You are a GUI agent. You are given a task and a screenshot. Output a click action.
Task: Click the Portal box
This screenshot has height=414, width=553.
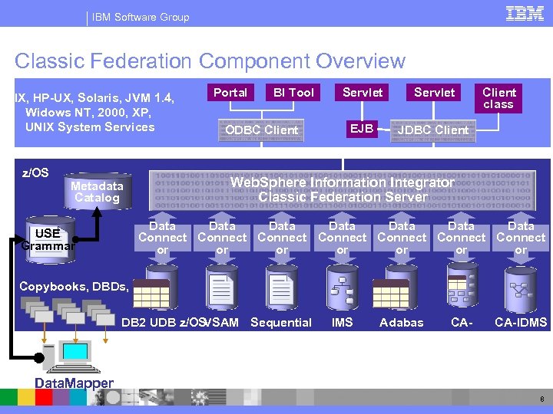point(230,93)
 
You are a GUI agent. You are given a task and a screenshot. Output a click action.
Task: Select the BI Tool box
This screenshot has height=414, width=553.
point(293,93)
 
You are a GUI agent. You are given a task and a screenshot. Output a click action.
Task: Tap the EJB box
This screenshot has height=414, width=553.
point(362,128)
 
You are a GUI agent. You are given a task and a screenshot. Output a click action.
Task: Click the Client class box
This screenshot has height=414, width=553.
point(498,97)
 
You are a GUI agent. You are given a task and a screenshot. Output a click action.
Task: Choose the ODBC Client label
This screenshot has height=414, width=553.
point(261,130)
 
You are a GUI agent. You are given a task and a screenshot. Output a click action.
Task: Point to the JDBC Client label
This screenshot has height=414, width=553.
point(432,130)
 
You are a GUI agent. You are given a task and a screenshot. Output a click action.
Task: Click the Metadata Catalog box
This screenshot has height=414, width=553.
point(97,192)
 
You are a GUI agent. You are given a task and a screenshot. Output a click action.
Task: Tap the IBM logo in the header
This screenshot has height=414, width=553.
point(525,13)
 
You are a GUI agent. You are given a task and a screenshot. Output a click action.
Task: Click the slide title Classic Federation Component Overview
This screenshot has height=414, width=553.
point(210,61)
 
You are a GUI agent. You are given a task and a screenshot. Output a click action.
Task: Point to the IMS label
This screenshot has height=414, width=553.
point(342,323)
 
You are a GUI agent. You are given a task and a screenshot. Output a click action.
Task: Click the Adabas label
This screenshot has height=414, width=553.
point(402,323)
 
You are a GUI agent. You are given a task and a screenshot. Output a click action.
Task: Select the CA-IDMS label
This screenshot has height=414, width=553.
point(521,323)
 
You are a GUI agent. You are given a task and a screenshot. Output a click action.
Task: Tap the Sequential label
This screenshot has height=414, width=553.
point(281,323)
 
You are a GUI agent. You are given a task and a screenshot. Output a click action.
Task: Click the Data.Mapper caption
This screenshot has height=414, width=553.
point(75,383)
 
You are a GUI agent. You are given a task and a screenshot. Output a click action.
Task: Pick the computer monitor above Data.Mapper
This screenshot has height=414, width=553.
point(75,353)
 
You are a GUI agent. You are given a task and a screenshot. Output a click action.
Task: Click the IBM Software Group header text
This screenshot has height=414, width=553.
point(141,17)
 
